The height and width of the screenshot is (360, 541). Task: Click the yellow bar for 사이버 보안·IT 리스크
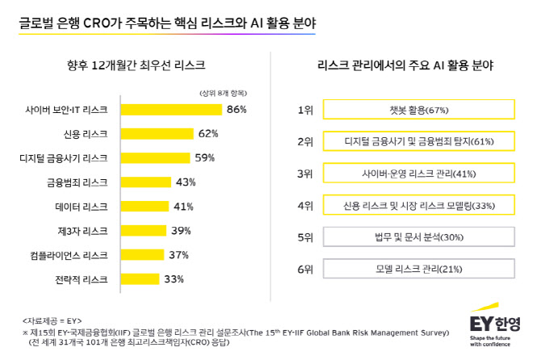pos(171,110)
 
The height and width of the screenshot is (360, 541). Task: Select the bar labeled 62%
pos(157,134)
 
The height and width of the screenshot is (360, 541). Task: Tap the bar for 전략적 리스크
pos(140,279)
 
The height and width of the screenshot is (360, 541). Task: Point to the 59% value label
pos(204,158)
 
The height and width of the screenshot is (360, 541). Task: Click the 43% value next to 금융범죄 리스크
pos(186,182)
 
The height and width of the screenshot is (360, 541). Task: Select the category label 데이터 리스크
pos(82,207)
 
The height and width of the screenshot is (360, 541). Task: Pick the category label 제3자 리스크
pos(82,231)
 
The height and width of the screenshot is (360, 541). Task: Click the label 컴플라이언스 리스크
pos(69,255)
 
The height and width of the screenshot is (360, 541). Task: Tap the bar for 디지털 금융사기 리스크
pos(155,158)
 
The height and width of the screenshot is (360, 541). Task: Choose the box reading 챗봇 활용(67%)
pos(419,109)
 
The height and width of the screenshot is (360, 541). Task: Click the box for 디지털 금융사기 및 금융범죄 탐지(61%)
pos(419,141)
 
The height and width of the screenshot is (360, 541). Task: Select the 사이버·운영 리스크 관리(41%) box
pos(419,173)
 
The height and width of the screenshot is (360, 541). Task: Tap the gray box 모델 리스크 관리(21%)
pos(419,269)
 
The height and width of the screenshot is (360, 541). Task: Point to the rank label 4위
pos(305,206)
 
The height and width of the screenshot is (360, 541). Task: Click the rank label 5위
pos(305,237)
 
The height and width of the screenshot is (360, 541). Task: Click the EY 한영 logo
pos(495,324)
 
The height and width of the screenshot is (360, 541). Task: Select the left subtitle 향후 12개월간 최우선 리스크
pos(136,65)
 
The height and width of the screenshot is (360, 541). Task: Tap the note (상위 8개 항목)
pos(223,93)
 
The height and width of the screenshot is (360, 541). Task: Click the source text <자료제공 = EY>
pos(52,321)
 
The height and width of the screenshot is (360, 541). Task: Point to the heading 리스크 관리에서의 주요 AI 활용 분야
pos(405,65)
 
